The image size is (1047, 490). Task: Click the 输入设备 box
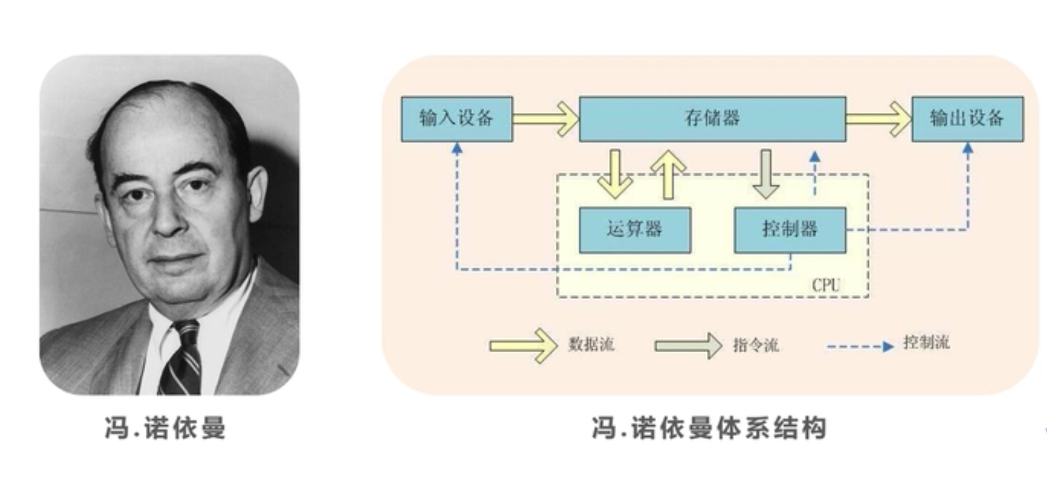[456, 118]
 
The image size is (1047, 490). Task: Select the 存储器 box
[712, 118]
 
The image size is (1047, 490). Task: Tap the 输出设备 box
[967, 118]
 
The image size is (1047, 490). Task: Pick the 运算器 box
[635, 229]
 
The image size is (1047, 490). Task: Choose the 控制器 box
[789, 229]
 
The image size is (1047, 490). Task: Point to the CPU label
[826, 285]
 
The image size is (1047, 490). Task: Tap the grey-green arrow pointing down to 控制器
[766, 175]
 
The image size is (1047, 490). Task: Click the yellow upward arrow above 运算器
[668, 175]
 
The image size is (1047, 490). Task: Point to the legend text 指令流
[755, 345]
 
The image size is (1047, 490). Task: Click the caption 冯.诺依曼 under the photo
[165, 428]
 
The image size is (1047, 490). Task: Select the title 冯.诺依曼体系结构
[709, 428]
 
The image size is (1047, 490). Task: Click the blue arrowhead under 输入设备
[457, 149]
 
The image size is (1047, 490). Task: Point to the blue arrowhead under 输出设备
[968, 149]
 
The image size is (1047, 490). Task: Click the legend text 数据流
[591, 345]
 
